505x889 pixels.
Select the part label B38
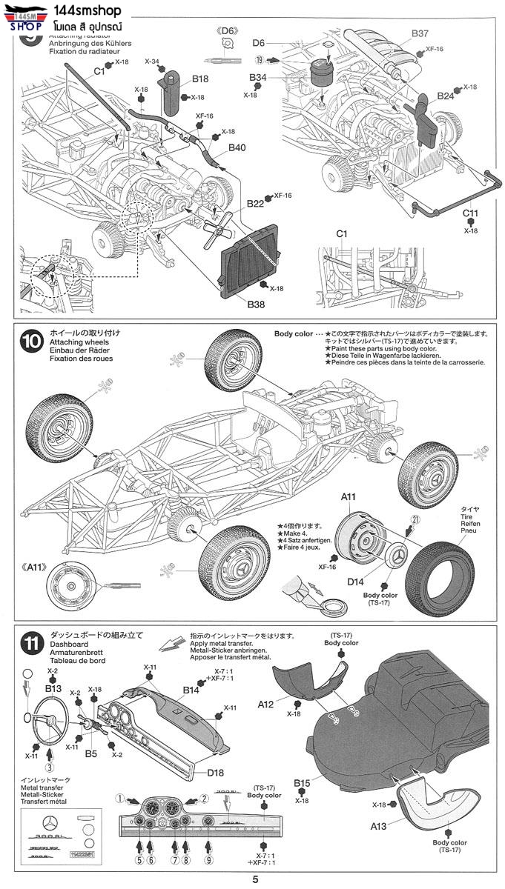point(256,303)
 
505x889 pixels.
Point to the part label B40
point(237,147)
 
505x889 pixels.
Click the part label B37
point(420,33)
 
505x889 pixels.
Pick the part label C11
point(471,214)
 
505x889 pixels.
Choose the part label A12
point(267,703)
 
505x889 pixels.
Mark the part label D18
point(216,773)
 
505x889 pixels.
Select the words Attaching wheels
point(79,342)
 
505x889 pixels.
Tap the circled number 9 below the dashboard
point(209,860)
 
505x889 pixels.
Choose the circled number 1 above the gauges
point(119,799)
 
